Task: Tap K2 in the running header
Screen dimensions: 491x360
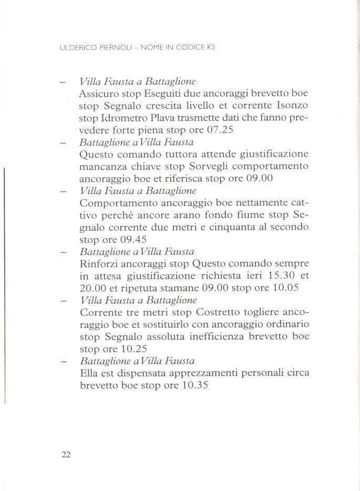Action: click(211, 47)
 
